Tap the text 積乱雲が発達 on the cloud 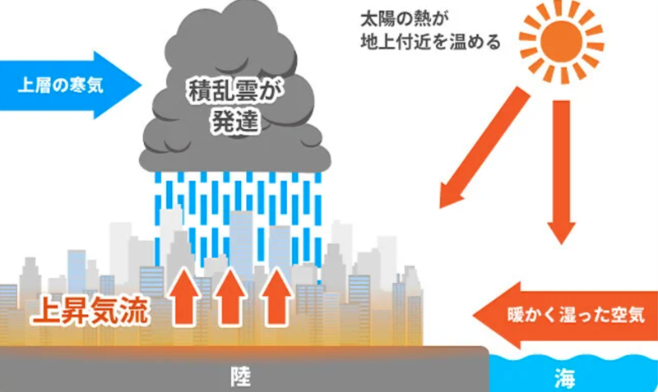[235, 104]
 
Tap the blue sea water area [609, 374]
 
